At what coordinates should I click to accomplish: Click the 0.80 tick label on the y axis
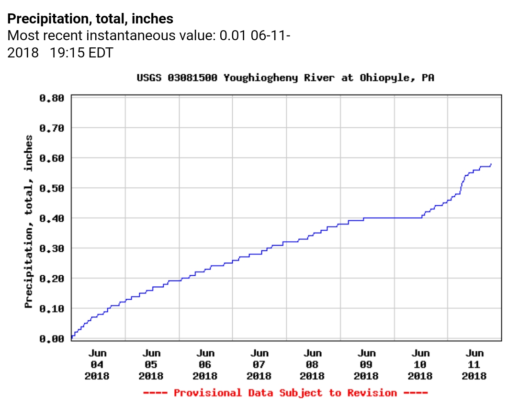click(x=51, y=98)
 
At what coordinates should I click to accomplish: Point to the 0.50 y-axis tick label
click(x=51, y=188)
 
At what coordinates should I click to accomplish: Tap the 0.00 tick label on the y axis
click(x=51, y=339)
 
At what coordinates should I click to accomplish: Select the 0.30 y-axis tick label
click(x=51, y=248)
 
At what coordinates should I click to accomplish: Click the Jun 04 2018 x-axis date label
click(x=97, y=365)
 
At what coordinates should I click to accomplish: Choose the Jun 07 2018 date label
click(x=259, y=365)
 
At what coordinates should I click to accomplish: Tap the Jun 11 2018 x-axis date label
click(x=474, y=365)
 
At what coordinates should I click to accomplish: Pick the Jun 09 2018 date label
click(x=367, y=365)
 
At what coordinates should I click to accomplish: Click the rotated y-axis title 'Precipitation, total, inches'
click(x=29, y=221)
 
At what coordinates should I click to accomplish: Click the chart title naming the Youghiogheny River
click(x=285, y=78)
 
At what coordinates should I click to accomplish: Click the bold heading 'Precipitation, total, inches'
click(x=90, y=19)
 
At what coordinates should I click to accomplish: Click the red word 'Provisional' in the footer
click(x=207, y=393)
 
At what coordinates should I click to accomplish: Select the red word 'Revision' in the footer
click(x=372, y=393)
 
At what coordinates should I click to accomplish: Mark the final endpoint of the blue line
click(x=491, y=164)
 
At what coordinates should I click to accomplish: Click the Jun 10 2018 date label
click(x=420, y=365)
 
